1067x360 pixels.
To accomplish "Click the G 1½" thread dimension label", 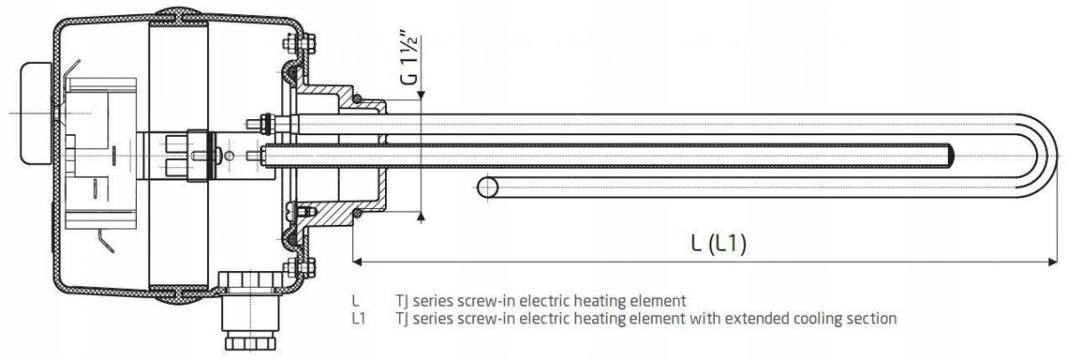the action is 410,57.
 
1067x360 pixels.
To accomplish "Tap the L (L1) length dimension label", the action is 718,244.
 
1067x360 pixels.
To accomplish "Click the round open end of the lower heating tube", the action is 487,188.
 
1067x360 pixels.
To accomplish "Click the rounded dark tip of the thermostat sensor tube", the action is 951,156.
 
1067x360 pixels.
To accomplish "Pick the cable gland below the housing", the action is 251,312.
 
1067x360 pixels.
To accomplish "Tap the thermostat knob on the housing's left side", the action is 35,114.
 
